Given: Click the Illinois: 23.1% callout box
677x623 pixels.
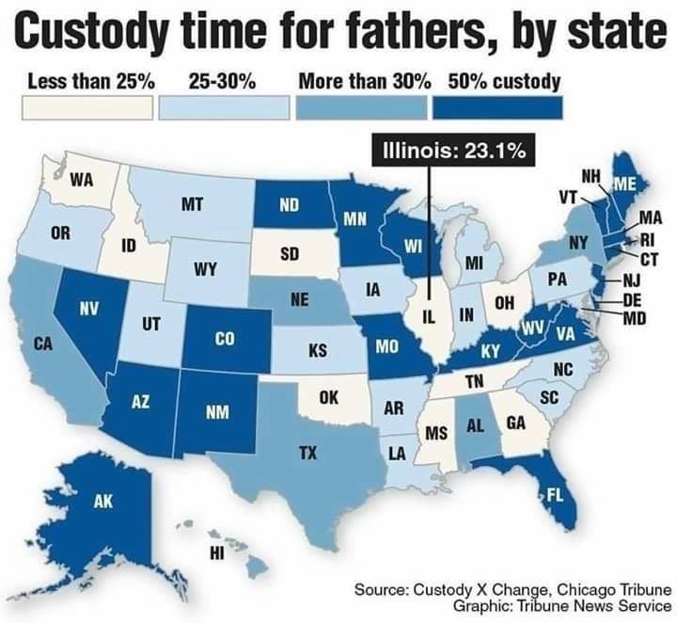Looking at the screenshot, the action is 453,150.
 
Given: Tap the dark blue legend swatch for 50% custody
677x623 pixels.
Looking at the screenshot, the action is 498,107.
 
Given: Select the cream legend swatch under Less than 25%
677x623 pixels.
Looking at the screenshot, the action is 87,107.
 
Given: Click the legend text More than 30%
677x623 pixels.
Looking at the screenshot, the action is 365,81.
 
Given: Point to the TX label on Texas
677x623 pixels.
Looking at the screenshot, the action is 307,453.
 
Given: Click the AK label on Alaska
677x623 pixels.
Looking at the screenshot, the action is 103,502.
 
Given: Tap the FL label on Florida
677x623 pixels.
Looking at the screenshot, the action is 555,496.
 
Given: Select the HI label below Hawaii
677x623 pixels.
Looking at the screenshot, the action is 217,552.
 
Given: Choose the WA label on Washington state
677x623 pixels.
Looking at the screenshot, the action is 82,180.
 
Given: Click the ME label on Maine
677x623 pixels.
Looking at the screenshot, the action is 624,184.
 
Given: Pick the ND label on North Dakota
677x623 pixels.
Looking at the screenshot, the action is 289,205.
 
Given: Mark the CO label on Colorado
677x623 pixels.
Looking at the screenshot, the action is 225,339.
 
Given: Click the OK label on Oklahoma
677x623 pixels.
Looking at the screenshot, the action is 329,397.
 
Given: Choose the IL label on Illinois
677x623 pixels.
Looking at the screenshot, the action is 428,317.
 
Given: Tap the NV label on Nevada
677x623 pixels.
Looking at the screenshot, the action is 89,309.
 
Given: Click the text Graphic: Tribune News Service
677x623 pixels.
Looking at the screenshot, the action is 562,605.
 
